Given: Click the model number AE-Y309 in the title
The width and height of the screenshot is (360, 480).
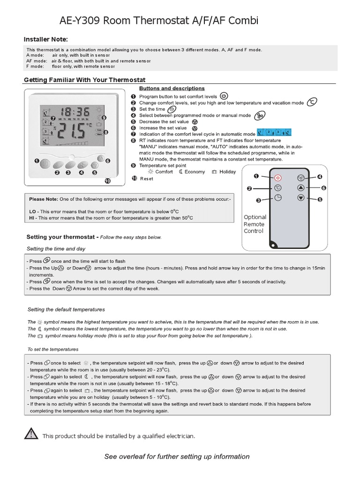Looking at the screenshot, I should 78,21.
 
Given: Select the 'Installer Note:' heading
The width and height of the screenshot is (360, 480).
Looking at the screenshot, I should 46,39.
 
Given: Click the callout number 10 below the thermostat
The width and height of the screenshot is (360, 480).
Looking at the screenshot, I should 107,181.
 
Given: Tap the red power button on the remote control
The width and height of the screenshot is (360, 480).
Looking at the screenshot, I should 277,178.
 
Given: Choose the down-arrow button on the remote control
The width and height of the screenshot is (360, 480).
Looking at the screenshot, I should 300,198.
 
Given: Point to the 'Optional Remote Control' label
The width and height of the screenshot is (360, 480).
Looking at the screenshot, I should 255,224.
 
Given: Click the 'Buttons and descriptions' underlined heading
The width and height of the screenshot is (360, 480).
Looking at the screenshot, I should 172,88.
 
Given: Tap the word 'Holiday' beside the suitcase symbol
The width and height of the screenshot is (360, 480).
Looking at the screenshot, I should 227,172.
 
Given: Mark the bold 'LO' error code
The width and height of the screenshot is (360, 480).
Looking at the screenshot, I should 32,211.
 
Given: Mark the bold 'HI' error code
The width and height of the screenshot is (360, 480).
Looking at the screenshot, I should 31,218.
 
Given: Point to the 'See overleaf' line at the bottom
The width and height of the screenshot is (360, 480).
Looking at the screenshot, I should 177,457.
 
